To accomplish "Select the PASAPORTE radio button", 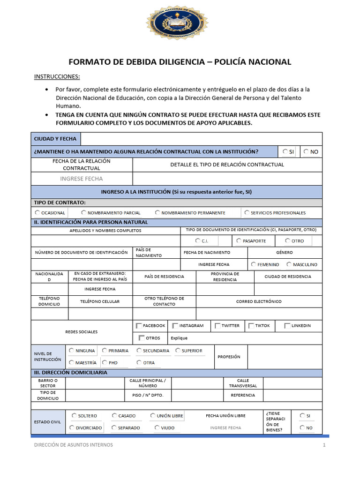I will pos(239,240).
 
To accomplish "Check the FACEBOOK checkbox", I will pos(139,326).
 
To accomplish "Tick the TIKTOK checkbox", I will pos(251,326).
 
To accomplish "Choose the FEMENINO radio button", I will pos(254,264).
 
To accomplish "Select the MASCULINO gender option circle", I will pos(289,264).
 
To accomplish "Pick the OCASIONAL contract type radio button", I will pos(37,212).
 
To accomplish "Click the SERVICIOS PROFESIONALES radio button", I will pos(247,212).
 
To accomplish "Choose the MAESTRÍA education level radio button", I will pos(71,362).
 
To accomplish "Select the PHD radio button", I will pos(105,362).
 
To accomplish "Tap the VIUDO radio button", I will pos(157,427).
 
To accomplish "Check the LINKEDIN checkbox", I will pos(287,326).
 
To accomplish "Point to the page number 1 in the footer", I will pos(323,445).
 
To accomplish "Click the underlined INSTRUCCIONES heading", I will pos(57,77).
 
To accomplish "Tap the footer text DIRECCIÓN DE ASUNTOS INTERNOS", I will pos(73,445).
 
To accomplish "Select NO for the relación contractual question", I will pos(306,151).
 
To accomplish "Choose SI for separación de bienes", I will pos(301,415).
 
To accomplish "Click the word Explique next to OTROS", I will pos(179,338).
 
